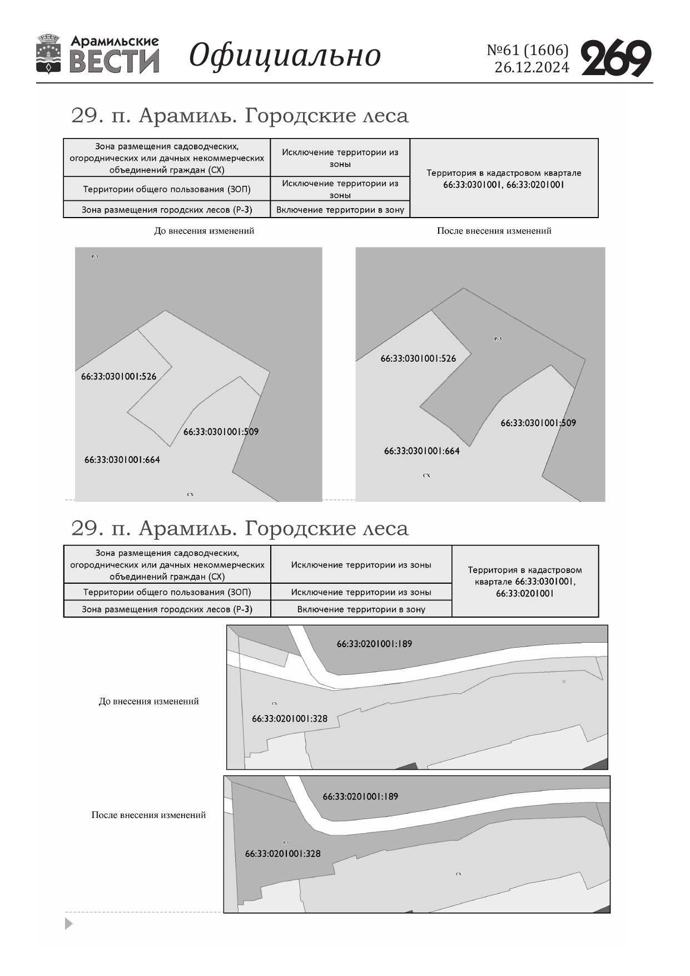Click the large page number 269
coord(616,58)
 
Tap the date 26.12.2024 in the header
coord(532,68)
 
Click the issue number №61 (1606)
coord(528,50)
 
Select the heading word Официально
coord(285,55)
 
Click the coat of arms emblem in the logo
coord(48,54)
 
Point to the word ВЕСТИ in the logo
coord(115,61)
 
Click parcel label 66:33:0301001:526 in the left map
coord(118,376)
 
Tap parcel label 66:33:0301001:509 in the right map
coord(538,423)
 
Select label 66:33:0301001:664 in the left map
coord(122,460)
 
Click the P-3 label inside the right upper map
coord(498,339)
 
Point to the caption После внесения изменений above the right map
coord(494,231)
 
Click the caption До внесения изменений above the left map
coord(203,231)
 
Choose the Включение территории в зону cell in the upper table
coord(340,210)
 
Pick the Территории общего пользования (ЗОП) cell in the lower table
coord(167,592)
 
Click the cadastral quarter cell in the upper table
coord(504,179)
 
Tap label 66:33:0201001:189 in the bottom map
coord(360,796)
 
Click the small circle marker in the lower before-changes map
coord(564,681)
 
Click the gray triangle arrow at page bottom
coord(68,924)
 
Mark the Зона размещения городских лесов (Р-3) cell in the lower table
coord(167,609)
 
